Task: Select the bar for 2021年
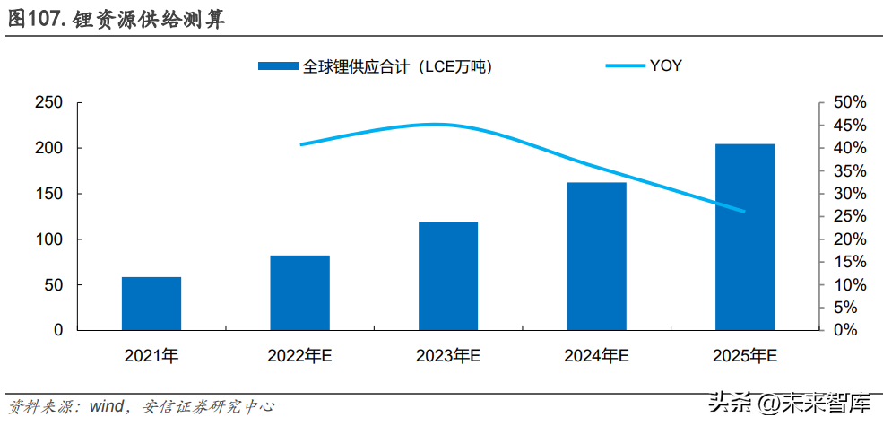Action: click(x=151, y=303)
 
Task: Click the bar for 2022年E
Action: click(x=299, y=292)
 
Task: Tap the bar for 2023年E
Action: click(x=448, y=275)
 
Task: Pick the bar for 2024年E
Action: click(x=597, y=256)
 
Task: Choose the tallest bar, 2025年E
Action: click(x=745, y=237)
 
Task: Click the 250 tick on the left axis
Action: click(x=49, y=103)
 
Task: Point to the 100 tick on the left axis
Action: click(x=49, y=239)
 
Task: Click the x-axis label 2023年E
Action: click(x=448, y=356)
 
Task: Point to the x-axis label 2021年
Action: click(x=151, y=356)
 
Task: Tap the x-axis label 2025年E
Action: click(x=745, y=356)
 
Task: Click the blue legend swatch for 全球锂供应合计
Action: click(x=278, y=66)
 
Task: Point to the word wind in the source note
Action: click(x=108, y=406)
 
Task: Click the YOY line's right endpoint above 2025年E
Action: click(x=744, y=212)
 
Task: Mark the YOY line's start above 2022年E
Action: click(x=300, y=144)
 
